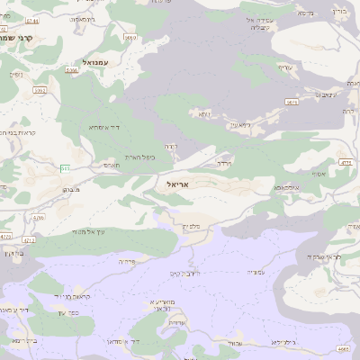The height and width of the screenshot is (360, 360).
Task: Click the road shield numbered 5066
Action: (32, 19)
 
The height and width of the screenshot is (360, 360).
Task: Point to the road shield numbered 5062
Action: (131, 37)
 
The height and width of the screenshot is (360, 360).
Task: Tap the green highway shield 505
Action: (66, 167)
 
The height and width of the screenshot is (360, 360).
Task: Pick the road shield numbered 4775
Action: (346, 161)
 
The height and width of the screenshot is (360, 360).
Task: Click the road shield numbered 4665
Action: (343, 348)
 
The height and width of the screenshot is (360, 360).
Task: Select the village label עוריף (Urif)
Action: (284, 67)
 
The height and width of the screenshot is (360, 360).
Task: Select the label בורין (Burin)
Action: (339, 12)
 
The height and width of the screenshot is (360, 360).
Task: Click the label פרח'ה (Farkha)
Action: (127, 261)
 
